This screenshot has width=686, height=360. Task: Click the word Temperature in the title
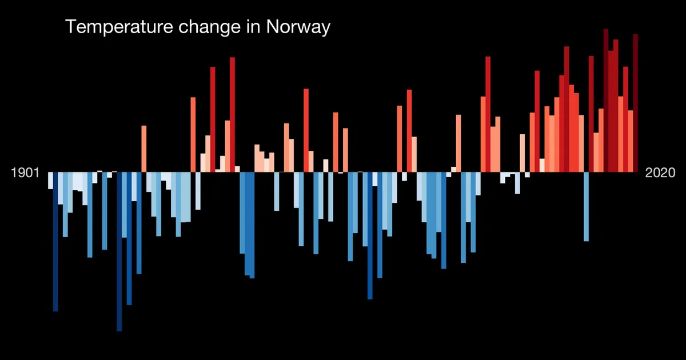pos(119,27)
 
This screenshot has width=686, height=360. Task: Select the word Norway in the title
pos(298,27)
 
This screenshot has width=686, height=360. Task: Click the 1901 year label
pos(25,173)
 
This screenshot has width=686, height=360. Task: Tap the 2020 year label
pos(660,173)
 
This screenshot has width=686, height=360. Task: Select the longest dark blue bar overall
pos(119,251)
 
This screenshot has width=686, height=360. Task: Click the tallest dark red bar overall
pos(606,101)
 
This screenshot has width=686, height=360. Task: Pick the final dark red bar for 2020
pos(636,103)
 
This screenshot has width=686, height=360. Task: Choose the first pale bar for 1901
pos(50,181)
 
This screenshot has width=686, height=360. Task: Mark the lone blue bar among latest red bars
pos(586,207)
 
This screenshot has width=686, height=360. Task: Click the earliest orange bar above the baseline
pos(144,149)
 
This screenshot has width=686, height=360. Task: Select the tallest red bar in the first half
pos(233,114)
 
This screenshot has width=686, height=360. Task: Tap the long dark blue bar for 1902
pos(55,242)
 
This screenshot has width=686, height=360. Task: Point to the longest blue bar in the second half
pos(370,235)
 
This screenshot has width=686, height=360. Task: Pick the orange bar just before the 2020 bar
pos(631,141)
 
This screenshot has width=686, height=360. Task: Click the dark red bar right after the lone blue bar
pos(591,114)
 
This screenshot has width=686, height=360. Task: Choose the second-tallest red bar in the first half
pos(213,119)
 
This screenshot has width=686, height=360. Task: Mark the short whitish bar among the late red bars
pos(542,165)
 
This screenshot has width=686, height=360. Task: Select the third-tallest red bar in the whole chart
pos(616,106)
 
